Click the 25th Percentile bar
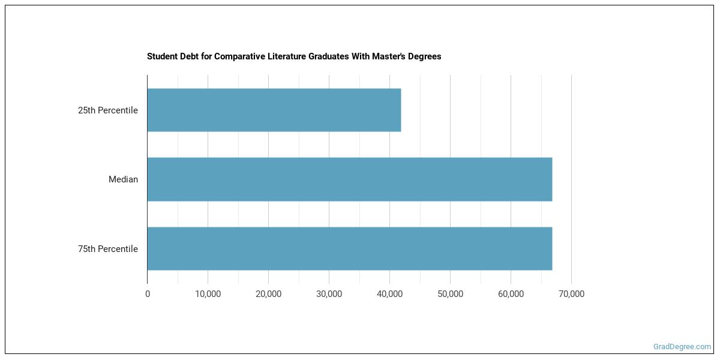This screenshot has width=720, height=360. click(274, 110)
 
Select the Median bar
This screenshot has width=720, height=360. click(349, 179)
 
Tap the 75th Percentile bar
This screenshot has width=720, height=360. click(349, 248)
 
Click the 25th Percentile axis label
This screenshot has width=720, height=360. click(108, 110)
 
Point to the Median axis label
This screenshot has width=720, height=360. click(123, 179)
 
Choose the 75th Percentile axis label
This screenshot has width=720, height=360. click(108, 249)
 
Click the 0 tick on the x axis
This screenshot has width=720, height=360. click(148, 294)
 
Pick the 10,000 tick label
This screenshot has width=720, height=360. click(208, 294)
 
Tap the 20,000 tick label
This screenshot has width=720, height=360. click(268, 294)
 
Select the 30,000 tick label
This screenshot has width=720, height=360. click(329, 294)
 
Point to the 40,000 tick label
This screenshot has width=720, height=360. click(389, 294)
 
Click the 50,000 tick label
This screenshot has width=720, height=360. click(450, 294)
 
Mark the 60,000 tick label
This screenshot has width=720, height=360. click(511, 294)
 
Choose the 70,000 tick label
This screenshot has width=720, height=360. click(571, 294)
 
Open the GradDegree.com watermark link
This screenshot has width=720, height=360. click(682, 347)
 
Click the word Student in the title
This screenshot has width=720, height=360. click(162, 56)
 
